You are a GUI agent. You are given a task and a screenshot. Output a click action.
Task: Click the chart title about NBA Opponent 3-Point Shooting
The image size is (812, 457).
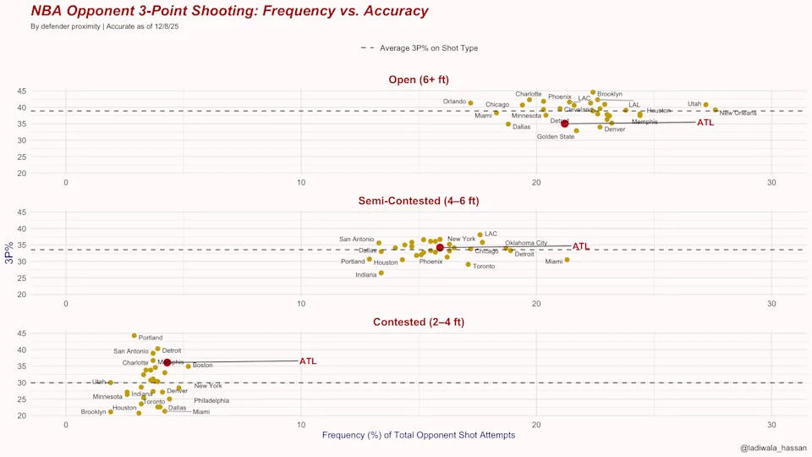(x=229, y=12)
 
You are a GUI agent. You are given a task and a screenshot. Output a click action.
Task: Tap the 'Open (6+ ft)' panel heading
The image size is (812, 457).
(x=418, y=80)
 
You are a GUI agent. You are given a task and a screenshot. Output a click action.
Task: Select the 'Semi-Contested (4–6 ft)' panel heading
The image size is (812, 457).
(x=418, y=201)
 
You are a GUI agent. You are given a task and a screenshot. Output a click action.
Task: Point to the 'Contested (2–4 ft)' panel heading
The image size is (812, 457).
(x=418, y=322)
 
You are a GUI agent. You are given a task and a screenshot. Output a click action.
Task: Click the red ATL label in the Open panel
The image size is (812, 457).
(x=705, y=123)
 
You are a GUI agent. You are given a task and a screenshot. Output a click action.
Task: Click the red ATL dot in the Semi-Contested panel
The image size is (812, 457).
(x=440, y=247)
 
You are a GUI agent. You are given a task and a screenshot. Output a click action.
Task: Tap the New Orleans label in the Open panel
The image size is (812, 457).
(x=738, y=113)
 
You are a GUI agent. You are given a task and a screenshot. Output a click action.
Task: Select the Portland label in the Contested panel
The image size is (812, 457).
(x=151, y=338)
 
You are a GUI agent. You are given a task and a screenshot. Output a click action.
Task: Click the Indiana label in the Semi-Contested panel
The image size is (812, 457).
(x=366, y=275)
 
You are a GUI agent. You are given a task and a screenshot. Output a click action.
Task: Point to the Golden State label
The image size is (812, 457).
(x=556, y=136)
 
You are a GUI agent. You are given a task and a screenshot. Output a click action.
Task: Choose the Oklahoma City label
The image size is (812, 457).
(x=526, y=243)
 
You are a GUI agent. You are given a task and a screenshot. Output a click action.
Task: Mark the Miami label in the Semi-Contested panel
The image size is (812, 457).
(x=554, y=262)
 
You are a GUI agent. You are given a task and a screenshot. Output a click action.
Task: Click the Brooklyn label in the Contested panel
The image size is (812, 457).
(x=93, y=412)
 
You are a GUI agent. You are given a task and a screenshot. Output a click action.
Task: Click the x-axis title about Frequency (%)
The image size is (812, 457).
(x=419, y=435)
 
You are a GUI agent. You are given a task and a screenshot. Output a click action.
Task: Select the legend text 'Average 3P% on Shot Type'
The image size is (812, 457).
(x=429, y=48)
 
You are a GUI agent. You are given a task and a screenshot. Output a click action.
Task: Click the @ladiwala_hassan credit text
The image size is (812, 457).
(x=773, y=448)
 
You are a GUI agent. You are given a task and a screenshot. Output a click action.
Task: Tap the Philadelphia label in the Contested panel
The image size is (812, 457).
(x=211, y=400)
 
